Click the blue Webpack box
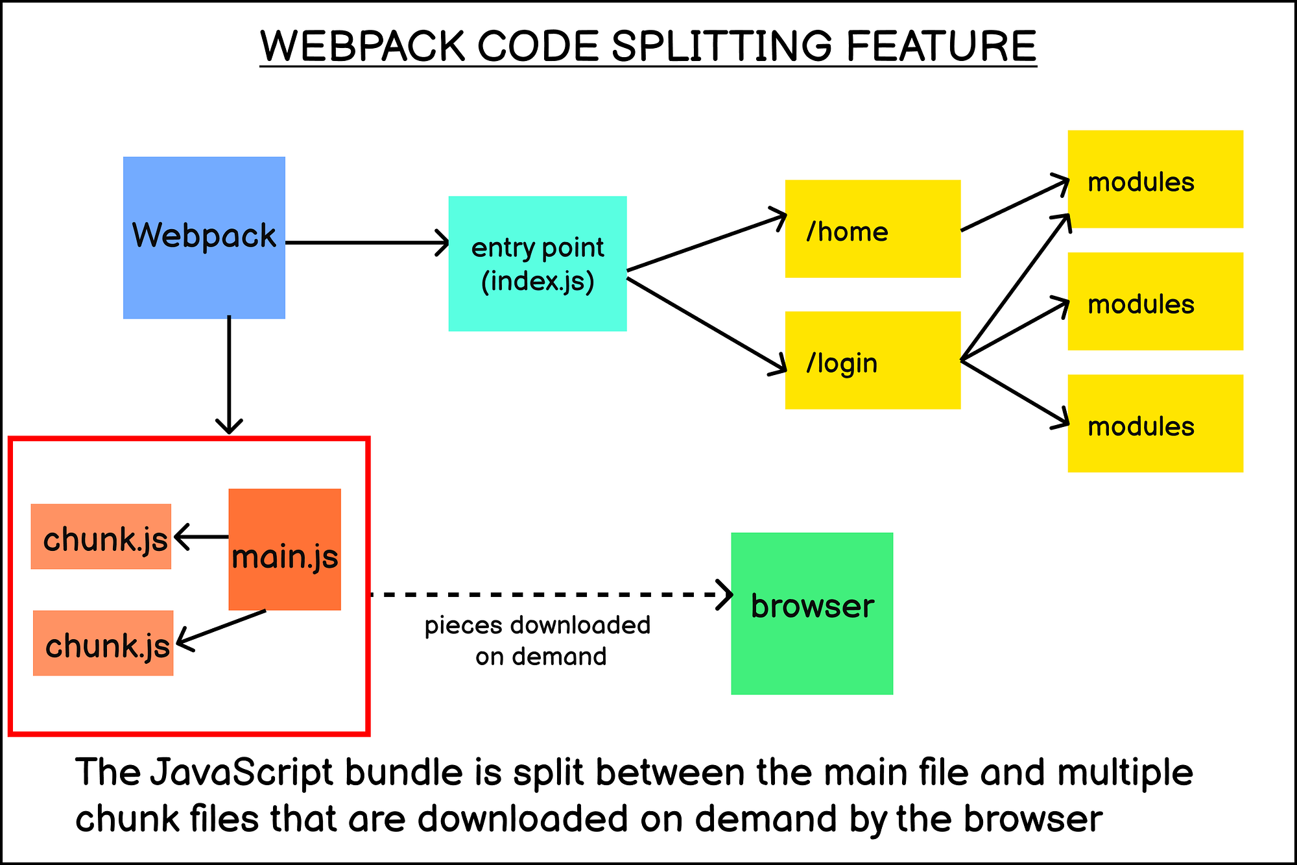(204, 238)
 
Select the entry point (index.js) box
(538, 263)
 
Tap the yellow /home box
(872, 229)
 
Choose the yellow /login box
(872, 360)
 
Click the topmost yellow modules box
(1155, 179)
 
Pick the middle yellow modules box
(1155, 301)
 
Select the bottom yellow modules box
(1155, 423)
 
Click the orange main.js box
(285, 549)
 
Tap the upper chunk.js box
(101, 537)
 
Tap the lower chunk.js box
(103, 643)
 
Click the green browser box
(812, 613)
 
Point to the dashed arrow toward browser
(545, 594)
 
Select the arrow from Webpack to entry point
(366, 243)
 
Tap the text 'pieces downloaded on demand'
(538, 640)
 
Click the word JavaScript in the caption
(241, 772)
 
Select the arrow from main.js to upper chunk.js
(201, 537)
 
